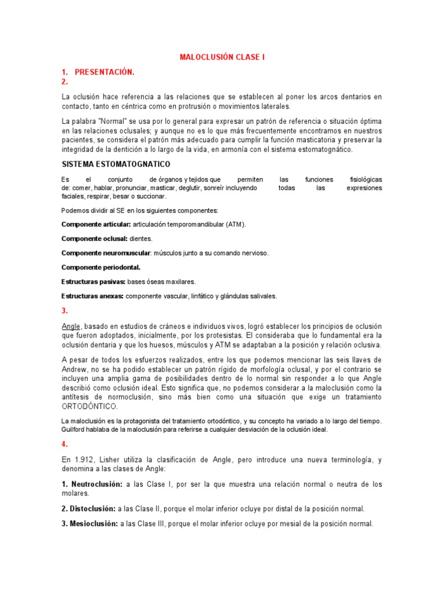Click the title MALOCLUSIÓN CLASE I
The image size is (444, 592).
[222, 57]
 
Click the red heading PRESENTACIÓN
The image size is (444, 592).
[105, 72]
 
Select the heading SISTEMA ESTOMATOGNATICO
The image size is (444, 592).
[116, 164]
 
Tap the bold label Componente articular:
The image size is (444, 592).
[96, 224]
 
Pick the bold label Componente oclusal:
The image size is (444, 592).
[94, 238]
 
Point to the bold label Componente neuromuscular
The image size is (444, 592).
[106, 253]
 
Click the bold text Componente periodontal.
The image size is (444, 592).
[101, 267]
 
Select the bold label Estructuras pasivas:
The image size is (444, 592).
[93, 282]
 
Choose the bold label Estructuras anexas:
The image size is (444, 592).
[92, 296]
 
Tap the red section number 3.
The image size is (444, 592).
[65, 310]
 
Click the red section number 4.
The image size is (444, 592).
[65, 445]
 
